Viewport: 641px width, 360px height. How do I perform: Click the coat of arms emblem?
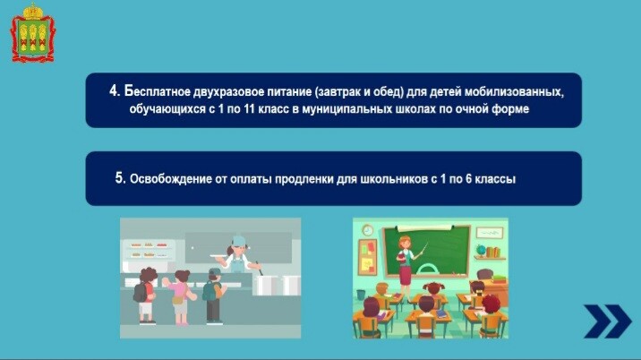point(33,33)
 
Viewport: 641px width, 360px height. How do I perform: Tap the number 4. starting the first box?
point(115,91)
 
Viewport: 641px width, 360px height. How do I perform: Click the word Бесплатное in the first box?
point(157,91)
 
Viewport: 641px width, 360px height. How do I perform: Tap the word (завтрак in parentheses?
point(338,92)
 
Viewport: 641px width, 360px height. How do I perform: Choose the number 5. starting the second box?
point(121,178)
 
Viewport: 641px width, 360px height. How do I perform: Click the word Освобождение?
point(170,179)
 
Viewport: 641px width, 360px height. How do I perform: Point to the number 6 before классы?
point(468,179)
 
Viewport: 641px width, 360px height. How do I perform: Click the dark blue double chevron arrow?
point(608,321)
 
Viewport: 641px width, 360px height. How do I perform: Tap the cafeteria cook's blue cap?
point(238,240)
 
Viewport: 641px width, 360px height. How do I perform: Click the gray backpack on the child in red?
point(140,292)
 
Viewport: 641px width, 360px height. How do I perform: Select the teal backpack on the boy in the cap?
point(209,291)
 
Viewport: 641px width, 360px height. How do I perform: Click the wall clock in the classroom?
point(368,230)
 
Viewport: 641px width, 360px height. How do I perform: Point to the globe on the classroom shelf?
point(481,250)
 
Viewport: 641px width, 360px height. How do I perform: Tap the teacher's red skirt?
point(406,275)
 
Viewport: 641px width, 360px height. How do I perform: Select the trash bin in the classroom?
point(361,294)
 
